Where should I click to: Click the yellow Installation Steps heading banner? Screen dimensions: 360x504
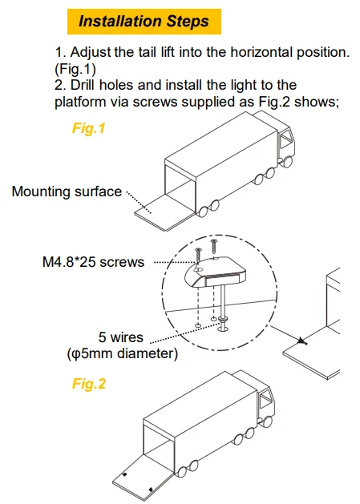tap(144, 22)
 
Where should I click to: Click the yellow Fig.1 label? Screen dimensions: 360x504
tap(88, 128)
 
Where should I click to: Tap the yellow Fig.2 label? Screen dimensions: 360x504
tap(89, 384)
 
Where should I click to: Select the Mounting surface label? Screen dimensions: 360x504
tap(67, 192)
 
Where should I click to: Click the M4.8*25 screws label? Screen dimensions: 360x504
tap(93, 262)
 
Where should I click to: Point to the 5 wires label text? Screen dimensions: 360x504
tap(121, 337)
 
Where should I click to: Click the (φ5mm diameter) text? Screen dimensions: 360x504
tap(122, 354)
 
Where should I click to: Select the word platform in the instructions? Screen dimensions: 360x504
tap(80, 103)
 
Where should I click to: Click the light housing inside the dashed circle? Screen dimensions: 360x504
tap(215, 272)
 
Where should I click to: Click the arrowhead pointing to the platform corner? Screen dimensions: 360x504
tap(301, 341)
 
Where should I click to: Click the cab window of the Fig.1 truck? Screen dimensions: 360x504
tap(285, 141)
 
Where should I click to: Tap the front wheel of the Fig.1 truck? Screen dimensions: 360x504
tap(286, 162)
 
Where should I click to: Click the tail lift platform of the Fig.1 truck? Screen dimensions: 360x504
tap(164, 212)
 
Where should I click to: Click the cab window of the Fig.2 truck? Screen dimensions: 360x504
tap(266, 399)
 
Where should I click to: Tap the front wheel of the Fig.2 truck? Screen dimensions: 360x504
tap(266, 421)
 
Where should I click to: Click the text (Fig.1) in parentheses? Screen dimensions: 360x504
tap(75, 69)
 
